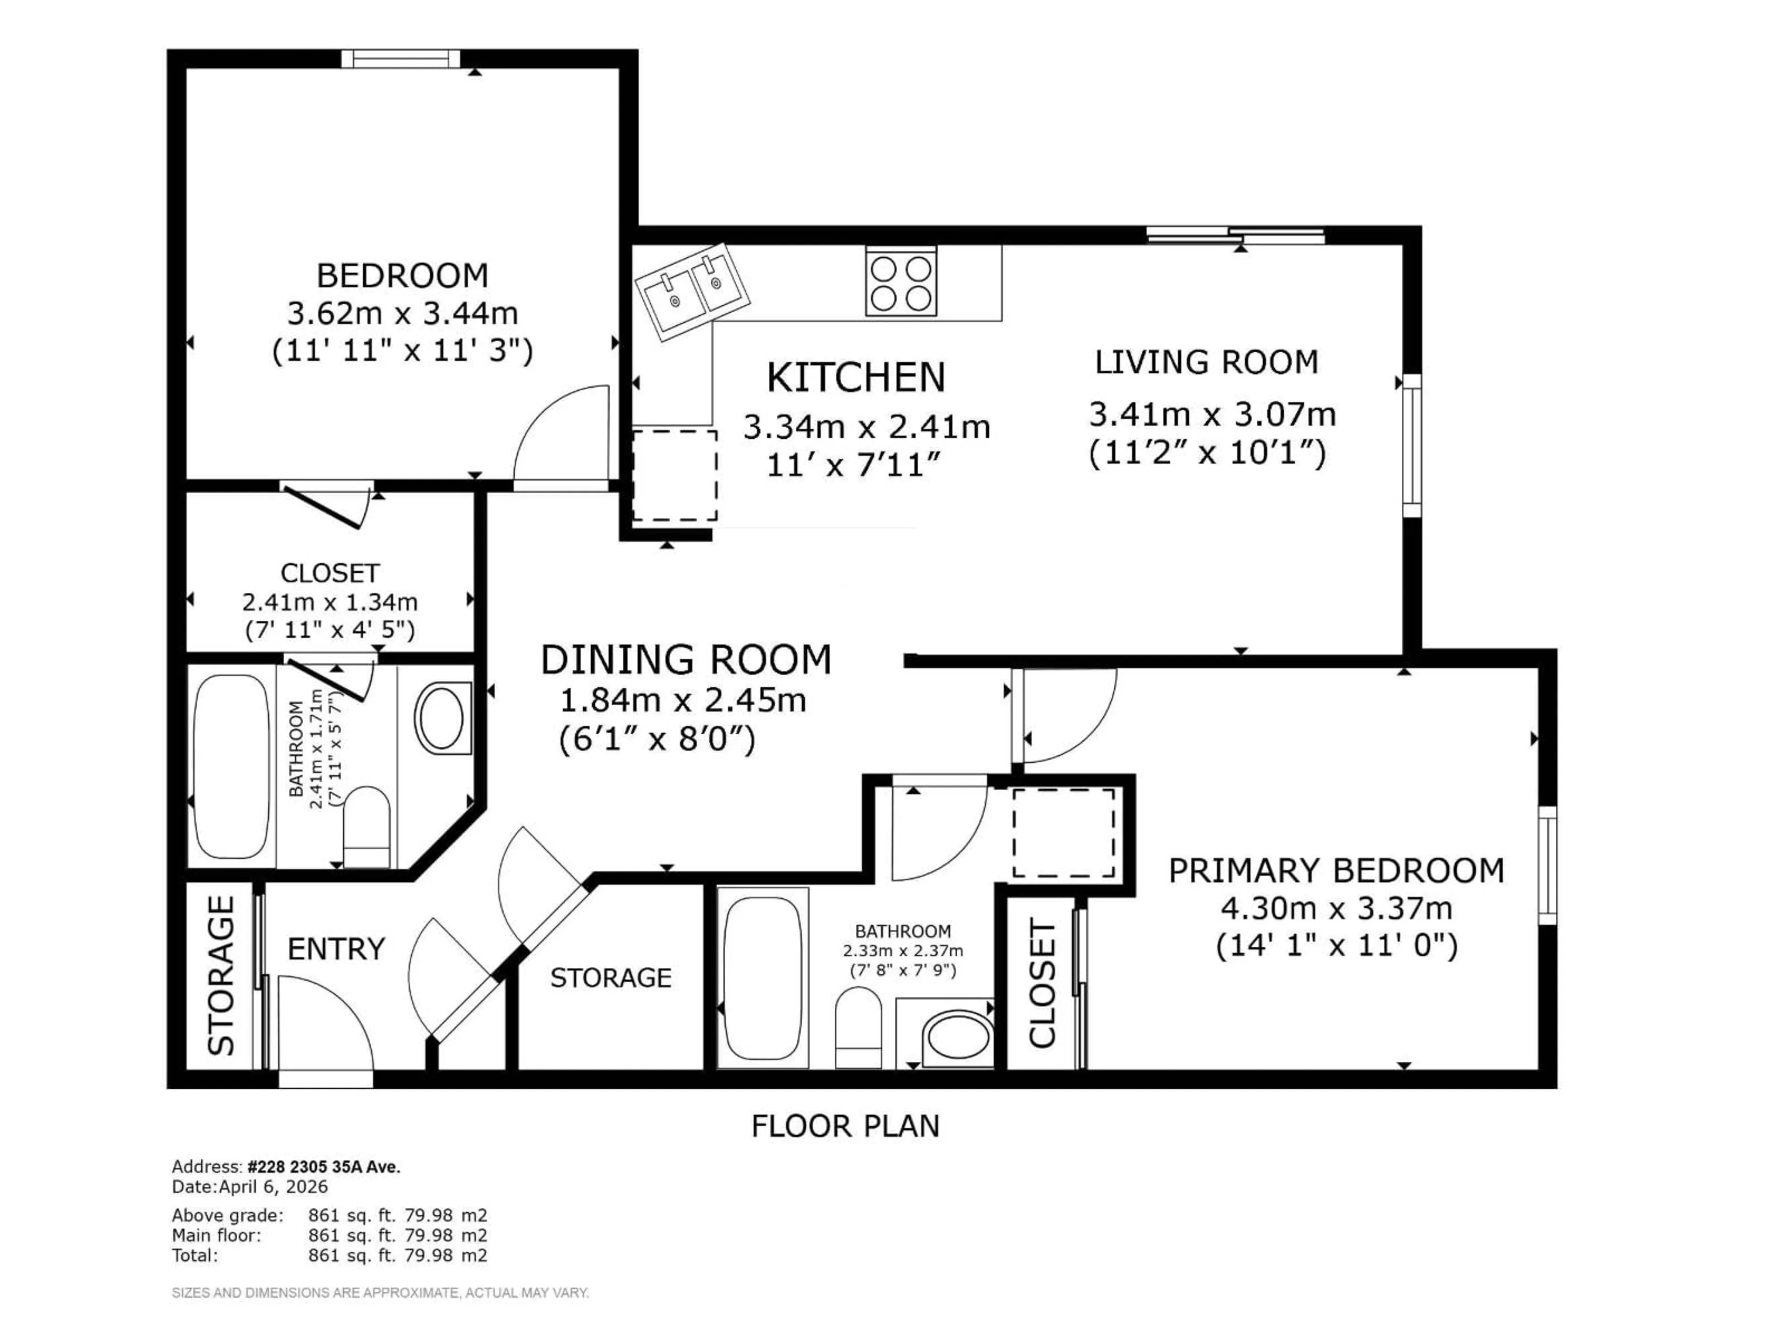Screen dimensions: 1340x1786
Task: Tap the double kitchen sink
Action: (693, 292)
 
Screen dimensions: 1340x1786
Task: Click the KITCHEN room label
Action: (856, 377)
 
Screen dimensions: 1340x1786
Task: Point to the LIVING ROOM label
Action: (1206, 362)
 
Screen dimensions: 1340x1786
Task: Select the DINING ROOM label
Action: (686, 660)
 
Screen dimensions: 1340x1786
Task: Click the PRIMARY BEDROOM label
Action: (1336, 871)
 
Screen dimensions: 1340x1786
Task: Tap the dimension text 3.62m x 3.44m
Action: (402, 314)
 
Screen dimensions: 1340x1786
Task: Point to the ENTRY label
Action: (336, 949)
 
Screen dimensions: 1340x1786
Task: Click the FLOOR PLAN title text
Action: (846, 1126)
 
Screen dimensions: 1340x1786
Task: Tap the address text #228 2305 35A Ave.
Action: (323, 1167)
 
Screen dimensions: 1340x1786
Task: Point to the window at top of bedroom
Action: (400, 59)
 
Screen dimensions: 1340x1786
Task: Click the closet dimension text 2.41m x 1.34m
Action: (329, 602)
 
